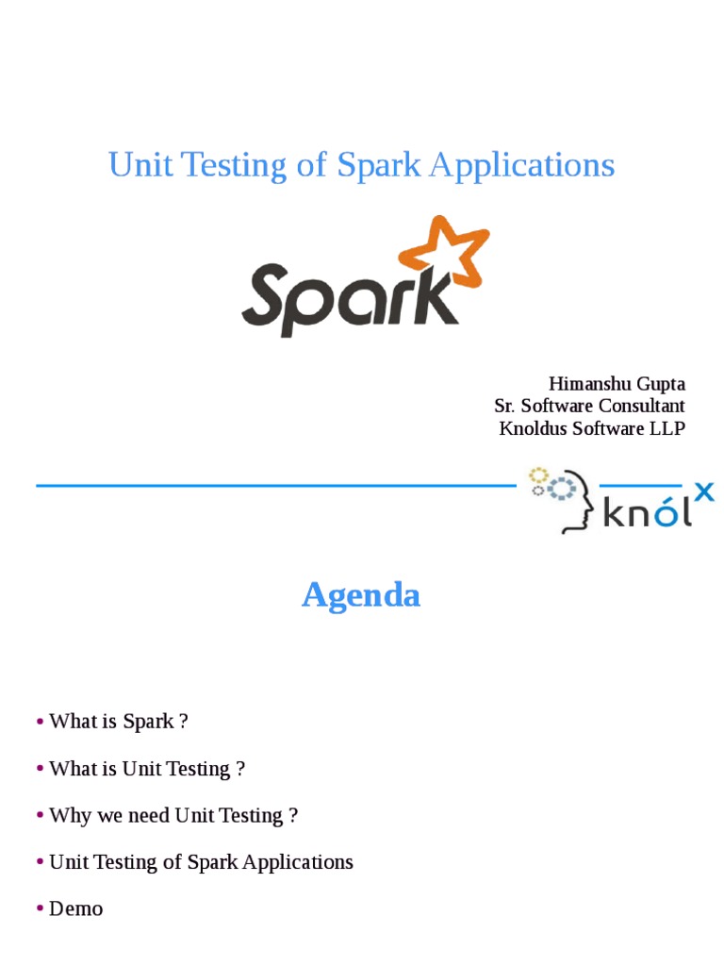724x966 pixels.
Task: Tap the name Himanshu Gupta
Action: (x=617, y=384)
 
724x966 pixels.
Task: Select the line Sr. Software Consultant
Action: (x=589, y=406)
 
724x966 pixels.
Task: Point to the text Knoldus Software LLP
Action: (x=591, y=428)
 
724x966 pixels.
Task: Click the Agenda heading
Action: (x=361, y=595)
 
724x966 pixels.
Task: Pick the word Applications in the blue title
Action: (x=521, y=165)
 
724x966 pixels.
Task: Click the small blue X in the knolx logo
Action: (x=703, y=491)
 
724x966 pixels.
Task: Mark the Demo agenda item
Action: (x=75, y=908)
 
